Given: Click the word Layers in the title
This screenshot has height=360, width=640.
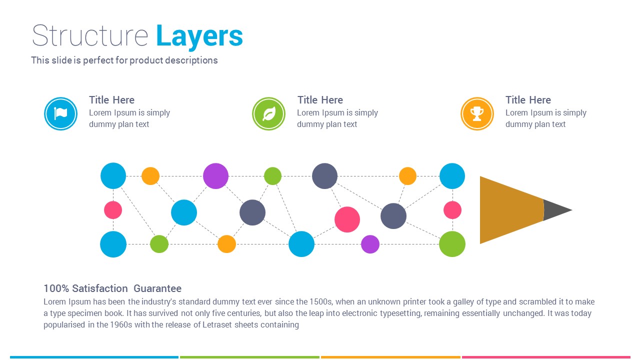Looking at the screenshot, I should pos(199,36).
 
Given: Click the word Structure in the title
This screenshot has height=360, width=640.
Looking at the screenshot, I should pos(90,36).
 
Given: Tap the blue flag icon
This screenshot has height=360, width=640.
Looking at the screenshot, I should pos(60,114).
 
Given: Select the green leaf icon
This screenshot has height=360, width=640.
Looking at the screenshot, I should pos(268,114).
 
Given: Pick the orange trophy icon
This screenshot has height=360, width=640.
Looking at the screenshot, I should pos(477,114).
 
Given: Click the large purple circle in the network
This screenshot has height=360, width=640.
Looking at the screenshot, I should pos(215,176).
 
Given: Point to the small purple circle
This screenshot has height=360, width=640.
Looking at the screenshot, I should pos(370,244).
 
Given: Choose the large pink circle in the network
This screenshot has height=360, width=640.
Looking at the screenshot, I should pos(347,219).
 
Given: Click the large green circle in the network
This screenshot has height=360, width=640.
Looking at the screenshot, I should pos(452,244).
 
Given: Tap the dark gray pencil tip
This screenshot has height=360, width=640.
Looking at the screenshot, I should pos(556,210).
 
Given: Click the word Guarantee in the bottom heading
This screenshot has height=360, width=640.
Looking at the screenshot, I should pos(157,288).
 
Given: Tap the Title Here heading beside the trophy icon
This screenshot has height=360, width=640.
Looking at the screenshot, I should pos(528,100).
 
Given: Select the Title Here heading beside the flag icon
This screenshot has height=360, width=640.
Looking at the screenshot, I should pos(111,100).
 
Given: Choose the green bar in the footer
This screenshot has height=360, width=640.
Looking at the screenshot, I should pos(249,357).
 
